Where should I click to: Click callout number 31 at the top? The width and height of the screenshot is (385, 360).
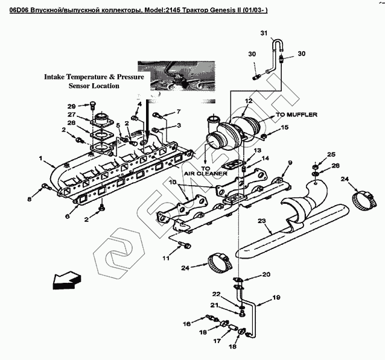[x=263, y=32]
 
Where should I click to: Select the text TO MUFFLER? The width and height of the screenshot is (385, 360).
[x=297, y=114]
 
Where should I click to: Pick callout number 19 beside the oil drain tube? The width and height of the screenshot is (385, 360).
[x=277, y=297]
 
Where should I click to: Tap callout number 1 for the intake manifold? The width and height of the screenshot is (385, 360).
[x=41, y=159]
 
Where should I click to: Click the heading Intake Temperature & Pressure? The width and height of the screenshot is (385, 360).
[x=93, y=77]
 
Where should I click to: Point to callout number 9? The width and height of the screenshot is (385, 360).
[x=289, y=163]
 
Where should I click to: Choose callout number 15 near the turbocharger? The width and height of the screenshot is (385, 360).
[x=285, y=127]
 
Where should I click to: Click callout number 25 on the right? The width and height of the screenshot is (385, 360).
[x=330, y=155]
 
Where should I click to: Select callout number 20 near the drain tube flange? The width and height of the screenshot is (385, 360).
[x=266, y=275]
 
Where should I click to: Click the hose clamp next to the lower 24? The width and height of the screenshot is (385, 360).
[x=219, y=262]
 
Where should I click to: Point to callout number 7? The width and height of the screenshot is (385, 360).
[x=178, y=112]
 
